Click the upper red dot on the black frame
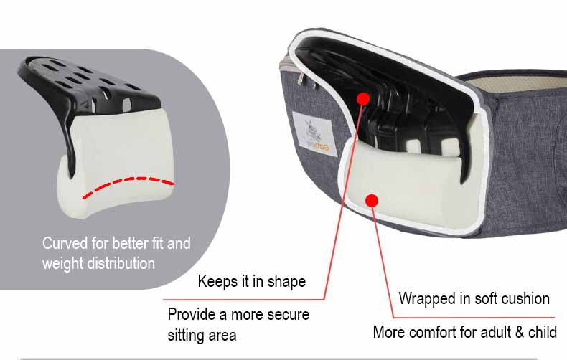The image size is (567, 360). click(x=362, y=98)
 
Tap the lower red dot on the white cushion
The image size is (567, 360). click(x=372, y=200)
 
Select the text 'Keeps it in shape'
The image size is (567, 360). click(x=251, y=281)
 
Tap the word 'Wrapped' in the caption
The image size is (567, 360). click(x=425, y=298)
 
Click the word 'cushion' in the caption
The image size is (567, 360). click(x=525, y=298)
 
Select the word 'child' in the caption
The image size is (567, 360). click(x=540, y=332)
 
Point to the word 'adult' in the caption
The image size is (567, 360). click(x=490, y=332)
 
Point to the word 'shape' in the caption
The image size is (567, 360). click(x=286, y=282)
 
